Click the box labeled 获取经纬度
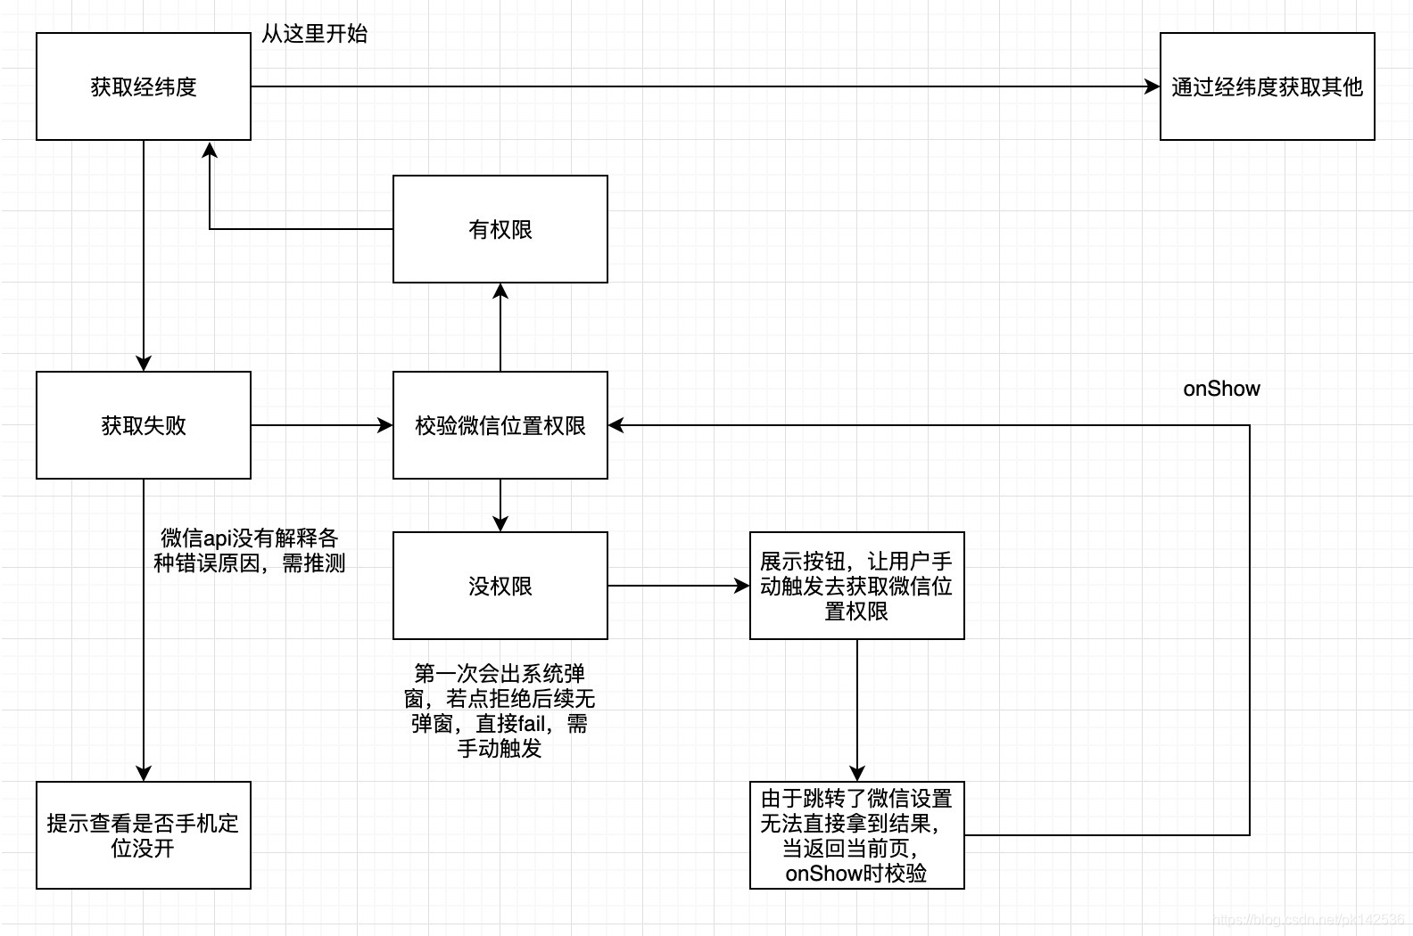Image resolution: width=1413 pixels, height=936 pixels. (x=143, y=86)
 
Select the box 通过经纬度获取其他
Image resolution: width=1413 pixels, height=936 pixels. (x=1267, y=86)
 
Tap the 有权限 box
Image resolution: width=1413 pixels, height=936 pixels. (x=500, y=229)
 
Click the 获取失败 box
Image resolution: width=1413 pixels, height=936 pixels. (x=143, y=425)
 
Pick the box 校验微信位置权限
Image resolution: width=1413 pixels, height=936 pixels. (x=500, y=425)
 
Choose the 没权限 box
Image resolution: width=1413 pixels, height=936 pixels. (x=500, y=586)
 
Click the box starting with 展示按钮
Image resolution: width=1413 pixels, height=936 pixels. (x=856, y=586)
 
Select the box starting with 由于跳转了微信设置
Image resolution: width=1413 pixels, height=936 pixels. (x=856, y=835)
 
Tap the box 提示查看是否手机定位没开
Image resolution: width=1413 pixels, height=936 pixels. (x=143, y=835)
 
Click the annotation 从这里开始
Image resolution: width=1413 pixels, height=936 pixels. (x=314, y=34)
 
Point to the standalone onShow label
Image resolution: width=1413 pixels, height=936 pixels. (x=1221, y=389)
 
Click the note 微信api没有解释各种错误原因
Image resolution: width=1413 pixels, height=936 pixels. (x=249, y=550)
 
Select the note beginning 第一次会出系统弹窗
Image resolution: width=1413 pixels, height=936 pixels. (x=500, y=710)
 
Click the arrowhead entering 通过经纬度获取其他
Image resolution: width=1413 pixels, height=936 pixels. (x=1152, y=86)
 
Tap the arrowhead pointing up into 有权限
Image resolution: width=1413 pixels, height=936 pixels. (x=500, y=291)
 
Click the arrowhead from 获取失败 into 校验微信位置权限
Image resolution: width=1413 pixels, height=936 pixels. (x=385, y=425)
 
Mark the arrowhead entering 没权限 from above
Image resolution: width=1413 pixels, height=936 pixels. (x=500, y=523)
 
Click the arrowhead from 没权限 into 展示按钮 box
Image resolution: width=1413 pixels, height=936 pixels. (x=741, y=586)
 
